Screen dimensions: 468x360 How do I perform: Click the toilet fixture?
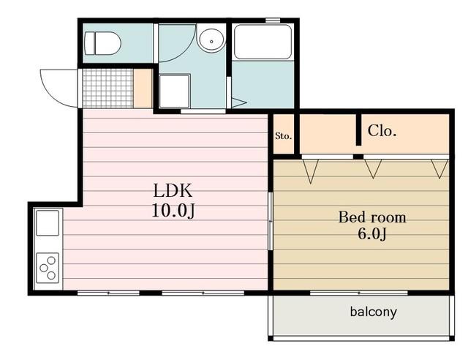[x=102, y=44]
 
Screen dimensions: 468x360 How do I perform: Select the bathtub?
[x=263, y=42]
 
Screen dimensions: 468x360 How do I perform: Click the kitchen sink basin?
[x=48, y=223]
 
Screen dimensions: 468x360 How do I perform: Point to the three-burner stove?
[x=48, y=268]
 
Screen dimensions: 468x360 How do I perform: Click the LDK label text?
[x=173, y=190]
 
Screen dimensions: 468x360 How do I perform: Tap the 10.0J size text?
[x=173, y=211]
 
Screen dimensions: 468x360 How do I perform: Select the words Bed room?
[x=372, y=217]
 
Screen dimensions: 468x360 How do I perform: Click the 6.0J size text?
[x=372, y=233]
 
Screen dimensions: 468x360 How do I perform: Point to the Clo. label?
[x=382, y=130]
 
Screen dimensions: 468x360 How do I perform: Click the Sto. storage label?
[x=283, y=136]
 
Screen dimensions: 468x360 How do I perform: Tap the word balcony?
[x=374, y=312]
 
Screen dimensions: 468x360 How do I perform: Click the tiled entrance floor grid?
[x=107, y=89]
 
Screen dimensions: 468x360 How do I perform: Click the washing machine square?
[x=175, y=91]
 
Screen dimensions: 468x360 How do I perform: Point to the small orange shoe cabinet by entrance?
[x=143, y=89]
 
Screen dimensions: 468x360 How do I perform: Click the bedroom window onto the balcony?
[x=359, y=293]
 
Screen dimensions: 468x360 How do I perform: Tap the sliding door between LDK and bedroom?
[x=270, y=221]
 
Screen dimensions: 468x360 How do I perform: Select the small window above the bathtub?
[x=273, y=20]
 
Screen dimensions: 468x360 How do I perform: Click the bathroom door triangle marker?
[x=238, y=102]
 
